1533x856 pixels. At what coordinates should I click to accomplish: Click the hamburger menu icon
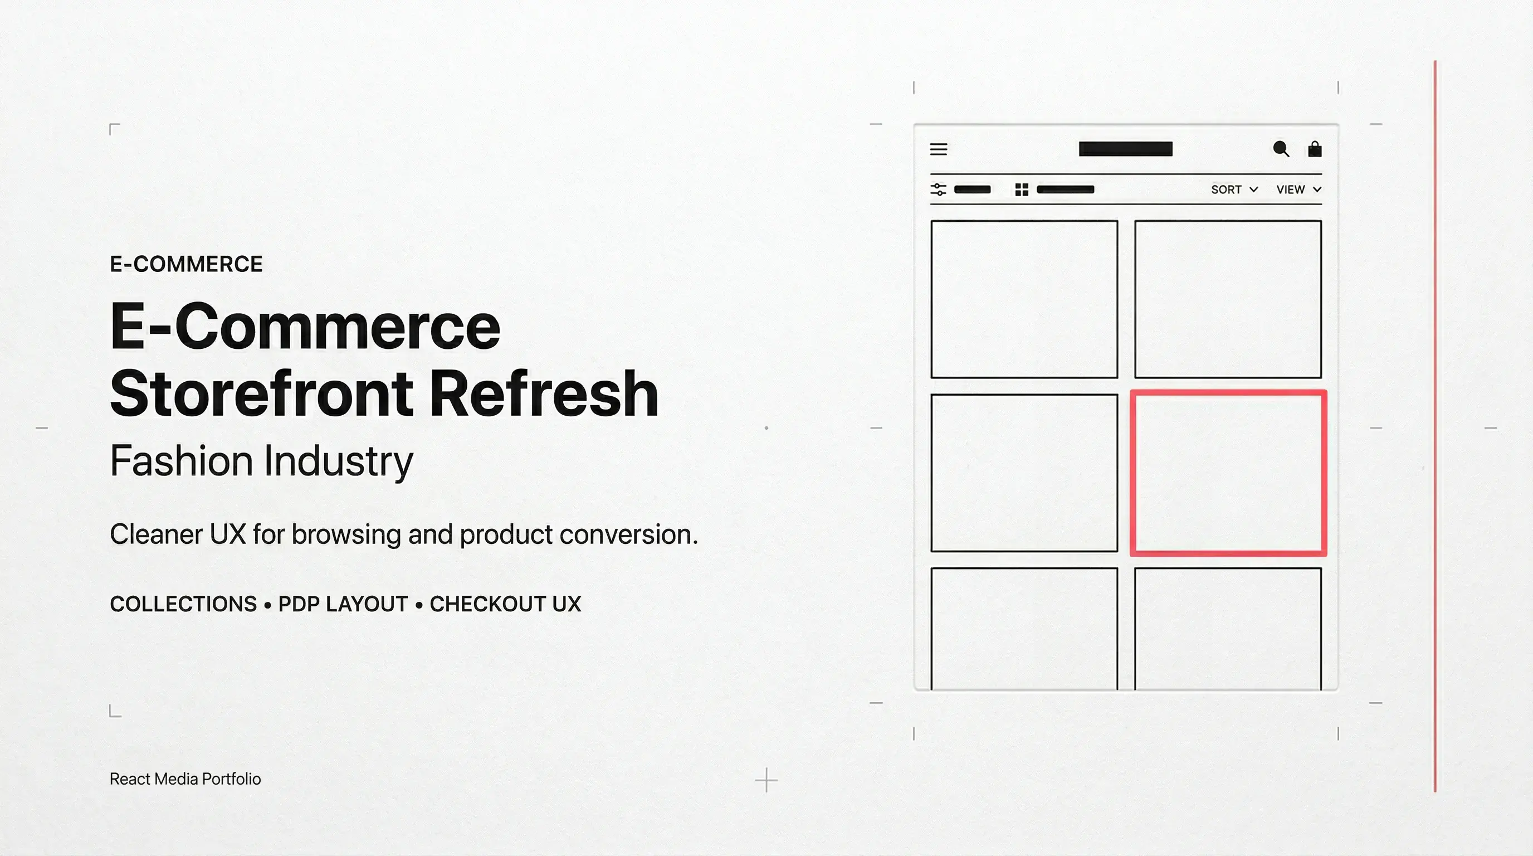coord(939,149)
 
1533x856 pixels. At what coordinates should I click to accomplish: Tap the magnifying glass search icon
coord(1281,149)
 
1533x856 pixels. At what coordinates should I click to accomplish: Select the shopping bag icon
coord(1315,149)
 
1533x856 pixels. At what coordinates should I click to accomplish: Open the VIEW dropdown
coord(1298,189)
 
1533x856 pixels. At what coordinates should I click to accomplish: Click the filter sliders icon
coord(938,189)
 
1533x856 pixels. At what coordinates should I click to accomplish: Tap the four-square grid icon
coord(1021,189)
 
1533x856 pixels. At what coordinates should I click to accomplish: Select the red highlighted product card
coord(1228,473)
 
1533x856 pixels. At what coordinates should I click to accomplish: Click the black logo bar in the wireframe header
coord(1125,149)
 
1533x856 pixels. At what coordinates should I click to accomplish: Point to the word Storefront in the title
coord(261,393)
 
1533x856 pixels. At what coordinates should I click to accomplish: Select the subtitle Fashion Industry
coord(261,461)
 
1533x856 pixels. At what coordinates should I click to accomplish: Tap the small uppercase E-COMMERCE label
coord(185,264)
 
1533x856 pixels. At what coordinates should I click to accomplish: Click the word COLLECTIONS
coord(183,604)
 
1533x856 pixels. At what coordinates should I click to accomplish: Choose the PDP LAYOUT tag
coord(343,604)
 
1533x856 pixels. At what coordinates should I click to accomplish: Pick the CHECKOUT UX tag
coord(505,604)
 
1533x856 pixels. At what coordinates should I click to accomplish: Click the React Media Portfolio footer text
coord(185,779)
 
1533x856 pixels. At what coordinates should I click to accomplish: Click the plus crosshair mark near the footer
coord(766,780)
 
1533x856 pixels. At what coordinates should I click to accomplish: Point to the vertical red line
coord(1435,426)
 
